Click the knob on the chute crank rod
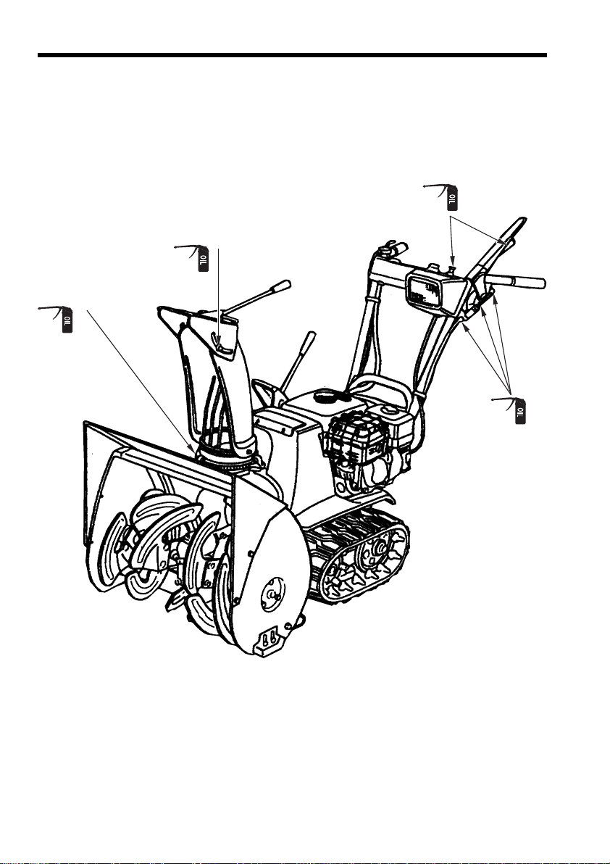tap(281, 286)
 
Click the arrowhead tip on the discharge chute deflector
tap(218, 340)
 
